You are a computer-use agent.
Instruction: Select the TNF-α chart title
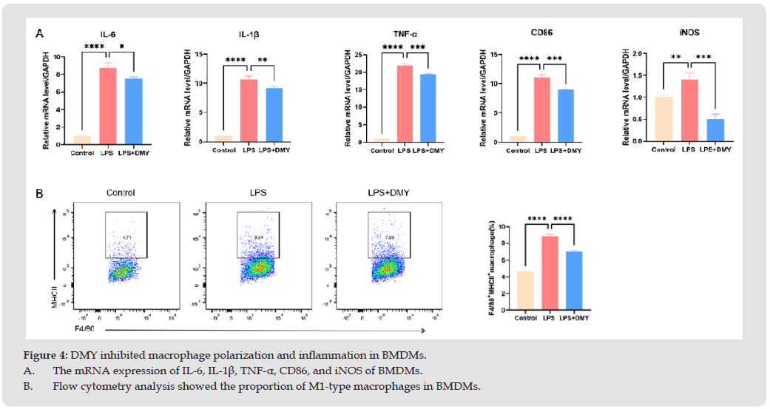pos(405,33)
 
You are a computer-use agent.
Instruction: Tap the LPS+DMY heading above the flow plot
pos(385,193)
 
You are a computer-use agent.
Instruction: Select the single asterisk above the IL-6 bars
pos(122,47)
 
